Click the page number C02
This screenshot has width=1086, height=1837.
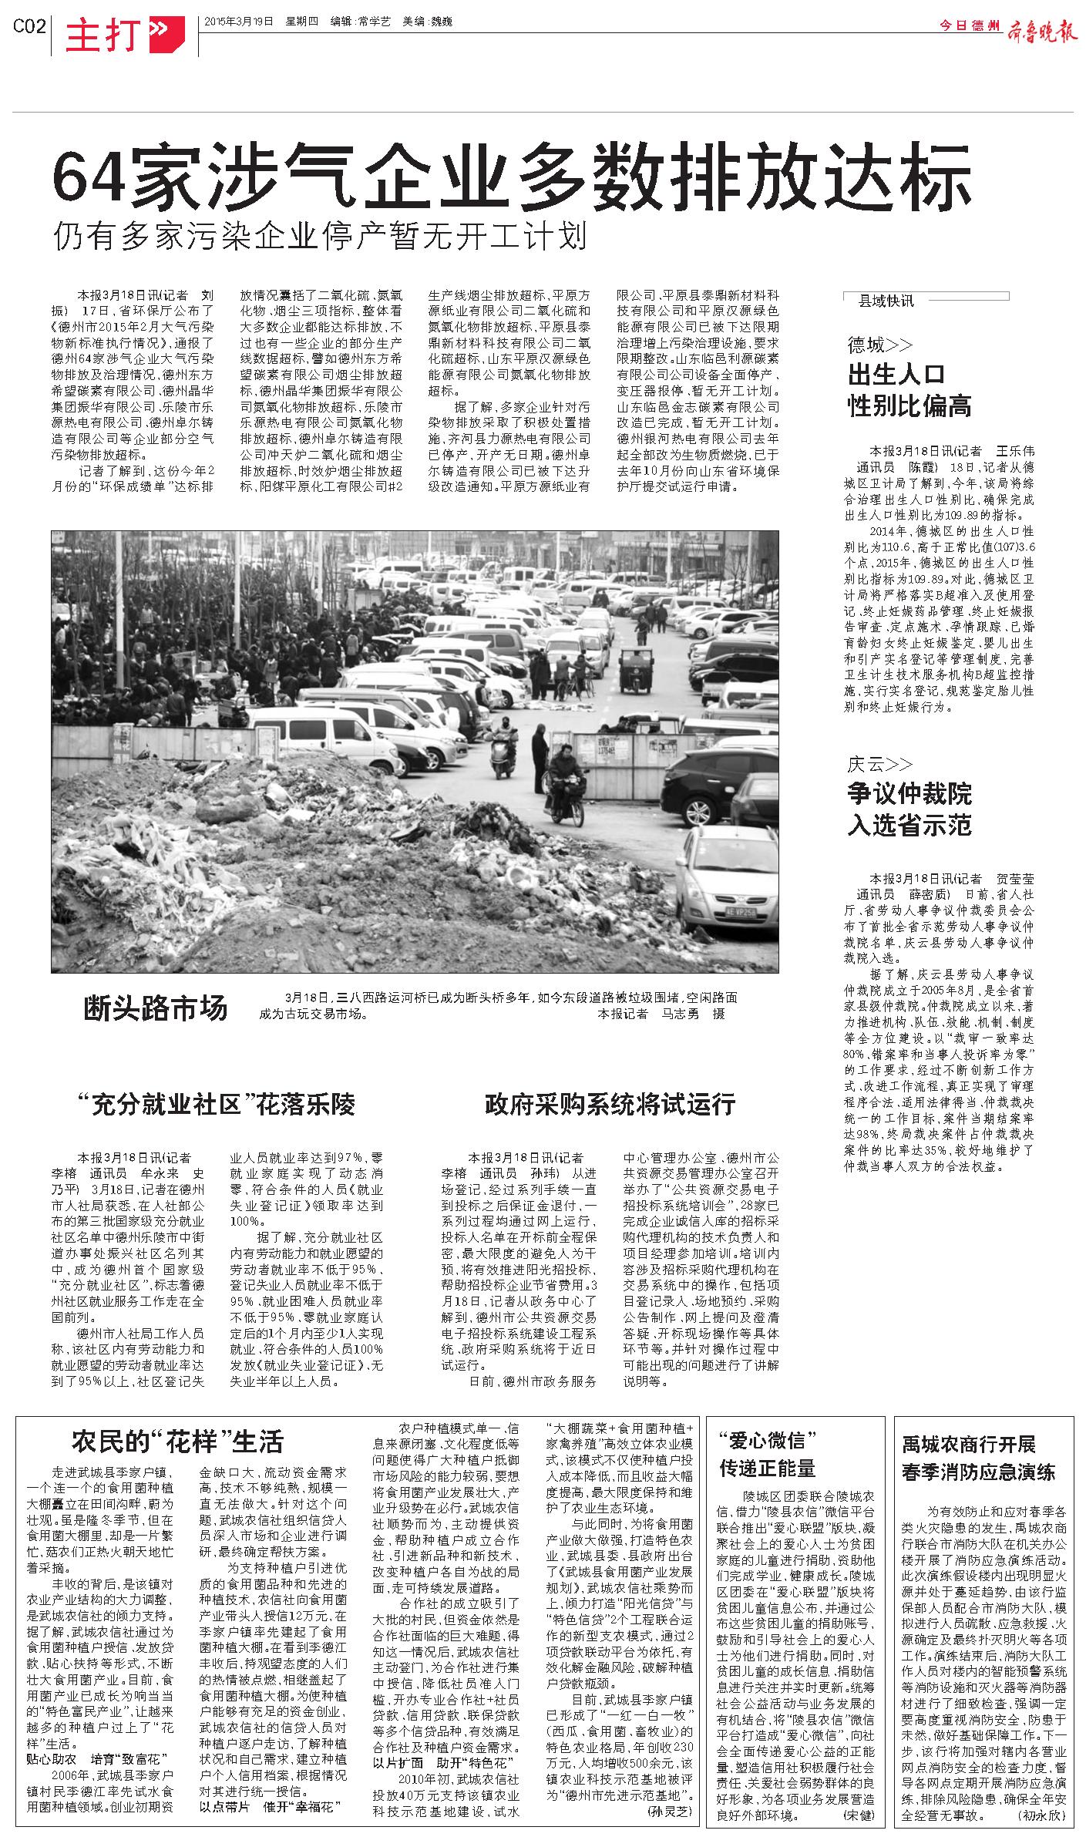30,26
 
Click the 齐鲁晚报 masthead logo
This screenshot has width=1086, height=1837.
1041,26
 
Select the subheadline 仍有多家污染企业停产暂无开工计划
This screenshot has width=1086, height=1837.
320,236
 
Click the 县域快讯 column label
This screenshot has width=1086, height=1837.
886,301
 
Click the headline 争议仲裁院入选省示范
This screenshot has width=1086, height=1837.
909,810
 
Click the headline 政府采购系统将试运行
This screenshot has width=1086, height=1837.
610,1105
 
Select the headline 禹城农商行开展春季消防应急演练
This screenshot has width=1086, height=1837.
979,1458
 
